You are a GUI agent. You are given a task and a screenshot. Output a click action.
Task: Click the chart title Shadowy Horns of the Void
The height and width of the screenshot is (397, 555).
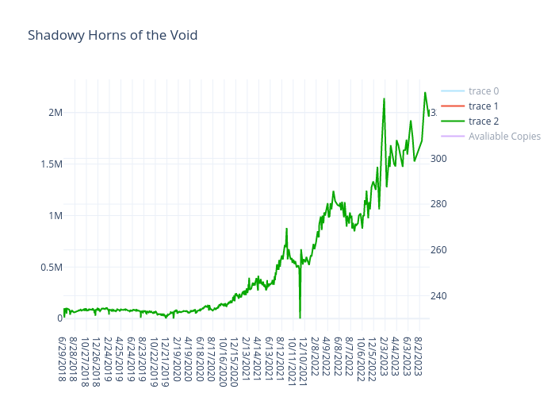click(113, 36)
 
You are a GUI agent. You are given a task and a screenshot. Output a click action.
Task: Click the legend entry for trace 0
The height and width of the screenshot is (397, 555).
click(483, 91)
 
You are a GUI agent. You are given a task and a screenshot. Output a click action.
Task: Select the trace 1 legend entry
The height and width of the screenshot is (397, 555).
click(483, 106)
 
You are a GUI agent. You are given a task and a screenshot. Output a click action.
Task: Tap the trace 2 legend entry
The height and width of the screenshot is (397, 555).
click(483, 121)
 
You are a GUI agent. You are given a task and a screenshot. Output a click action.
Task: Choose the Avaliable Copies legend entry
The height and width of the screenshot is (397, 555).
click(503, 137)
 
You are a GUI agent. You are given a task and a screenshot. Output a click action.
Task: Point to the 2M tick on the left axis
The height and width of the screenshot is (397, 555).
click(55, 112)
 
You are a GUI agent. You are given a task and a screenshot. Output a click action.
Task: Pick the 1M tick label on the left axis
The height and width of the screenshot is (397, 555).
click(55, 215)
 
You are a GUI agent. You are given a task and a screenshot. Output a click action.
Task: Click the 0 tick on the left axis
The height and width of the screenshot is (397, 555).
click(59, 318)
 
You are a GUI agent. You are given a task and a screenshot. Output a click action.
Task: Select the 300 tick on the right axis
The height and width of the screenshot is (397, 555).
click(438, 158)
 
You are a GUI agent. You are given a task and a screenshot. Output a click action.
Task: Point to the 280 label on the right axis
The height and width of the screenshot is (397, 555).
click(438, 204)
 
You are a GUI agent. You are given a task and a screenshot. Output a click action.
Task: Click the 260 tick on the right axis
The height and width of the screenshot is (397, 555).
click(438, 250)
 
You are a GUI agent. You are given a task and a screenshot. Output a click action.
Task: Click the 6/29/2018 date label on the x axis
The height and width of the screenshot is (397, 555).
click(63, 357)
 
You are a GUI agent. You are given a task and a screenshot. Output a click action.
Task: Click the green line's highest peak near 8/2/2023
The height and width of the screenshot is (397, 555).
click(425, 93)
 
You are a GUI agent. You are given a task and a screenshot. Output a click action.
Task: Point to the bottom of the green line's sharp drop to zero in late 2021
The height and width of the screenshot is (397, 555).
click(300, 318)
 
